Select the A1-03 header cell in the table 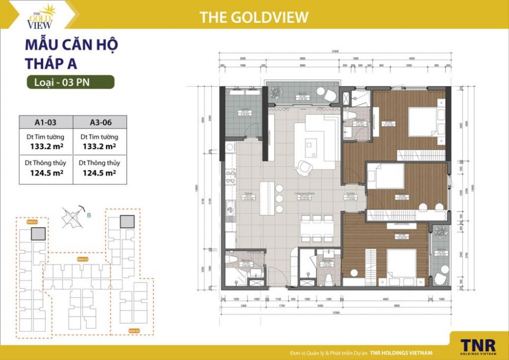pyautogui.click(x=46, y=122)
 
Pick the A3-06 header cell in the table pyautogui.click(x=100, y=122)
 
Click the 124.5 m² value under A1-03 pyautogui.click(x=46, y=173)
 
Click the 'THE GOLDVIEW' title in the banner pyautogui.click(x=254, y=17)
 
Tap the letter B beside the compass pyautogui.click(x=89, y=215)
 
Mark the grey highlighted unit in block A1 pyautogui.click(x=38, y=234)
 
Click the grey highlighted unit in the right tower pyautogui.click(x=127, y=221)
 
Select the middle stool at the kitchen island pyautogui.click(x=279, y=197)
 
